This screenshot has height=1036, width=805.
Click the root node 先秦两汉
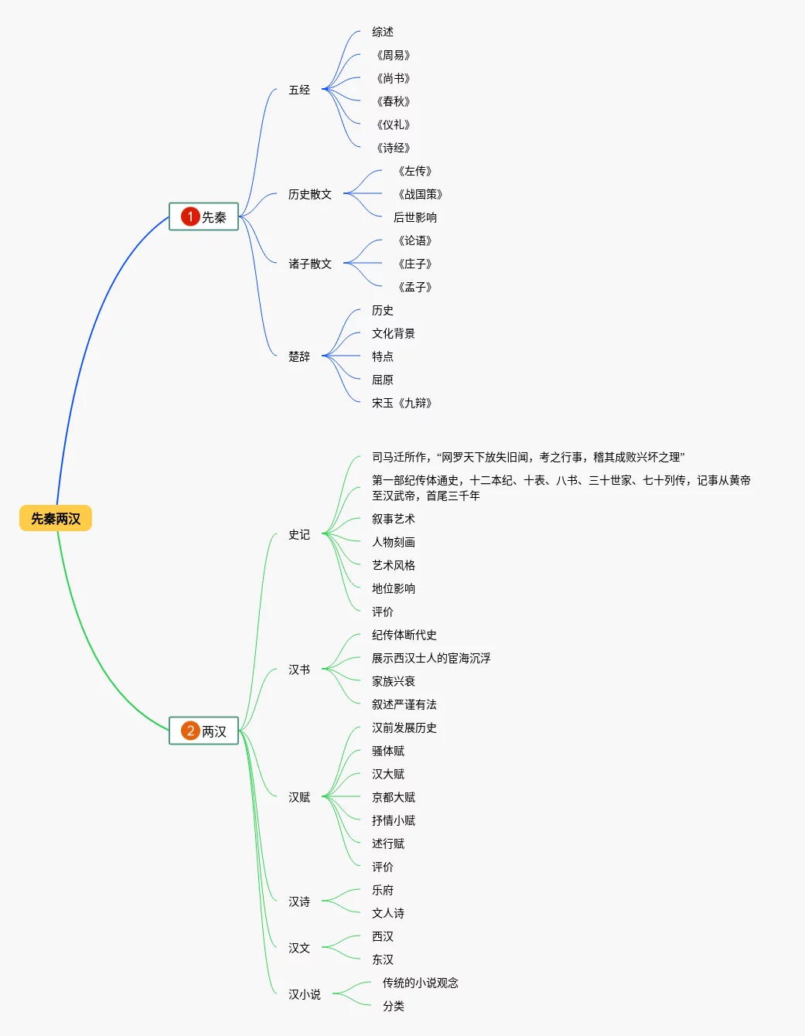[56, 519]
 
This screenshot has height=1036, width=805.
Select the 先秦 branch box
[204, 217]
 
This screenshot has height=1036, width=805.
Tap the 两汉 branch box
[204, 731]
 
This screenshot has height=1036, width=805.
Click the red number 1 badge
[190, 217]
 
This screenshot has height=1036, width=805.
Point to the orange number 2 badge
[190, 731]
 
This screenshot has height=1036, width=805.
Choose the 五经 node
[299, 90]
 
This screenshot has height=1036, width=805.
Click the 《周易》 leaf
[394, 56]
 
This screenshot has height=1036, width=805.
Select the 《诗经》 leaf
[394, 148]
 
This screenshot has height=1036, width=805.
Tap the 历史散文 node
[310, 195]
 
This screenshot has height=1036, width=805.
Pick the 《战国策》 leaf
[421, 195]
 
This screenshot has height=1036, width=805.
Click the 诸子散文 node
[310, 264]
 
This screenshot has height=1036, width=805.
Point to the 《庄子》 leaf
[415, 264]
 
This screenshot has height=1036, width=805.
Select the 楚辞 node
[299, 357]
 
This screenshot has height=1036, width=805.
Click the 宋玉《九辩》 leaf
[402, 404]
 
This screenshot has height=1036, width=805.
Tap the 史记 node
[299, 535]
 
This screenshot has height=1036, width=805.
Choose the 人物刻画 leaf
[394, 543]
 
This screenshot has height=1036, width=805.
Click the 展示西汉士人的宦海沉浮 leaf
[431, 659]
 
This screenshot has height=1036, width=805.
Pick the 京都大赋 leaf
[394, 798]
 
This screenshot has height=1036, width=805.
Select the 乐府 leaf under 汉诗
[383, 891]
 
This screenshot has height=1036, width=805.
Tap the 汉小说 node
[305, 995]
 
